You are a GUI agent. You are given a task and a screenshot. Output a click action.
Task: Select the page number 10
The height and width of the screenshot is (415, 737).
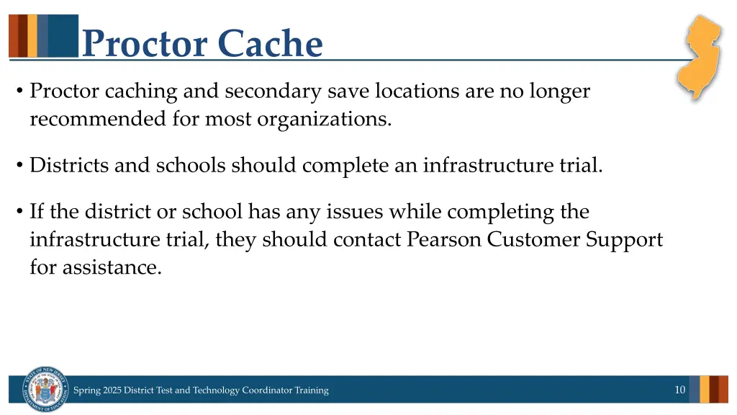[679, 390]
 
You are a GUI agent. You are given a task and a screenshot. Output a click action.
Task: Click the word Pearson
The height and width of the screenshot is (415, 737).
[444, 240]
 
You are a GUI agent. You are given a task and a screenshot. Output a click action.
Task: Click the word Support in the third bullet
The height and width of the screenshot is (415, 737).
[624, 240]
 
